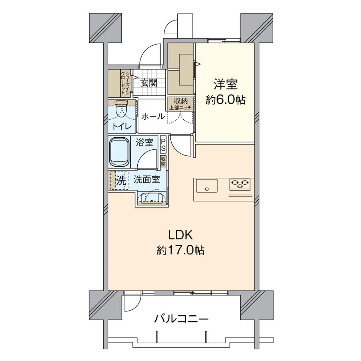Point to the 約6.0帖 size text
tap(225, 100)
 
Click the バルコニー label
tap(181, 319)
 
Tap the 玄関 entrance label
tap(148, 83)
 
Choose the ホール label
tap(153, 116)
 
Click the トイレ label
tap(122, 126)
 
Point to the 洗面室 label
tap(147, 180)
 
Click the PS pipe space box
tap(163, 145)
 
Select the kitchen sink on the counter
tap(207, 185)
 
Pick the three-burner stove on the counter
tap(240, 184)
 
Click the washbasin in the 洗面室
tap(152, 198)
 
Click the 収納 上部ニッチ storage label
tap(180, 103)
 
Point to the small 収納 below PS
tap(163, 161)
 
